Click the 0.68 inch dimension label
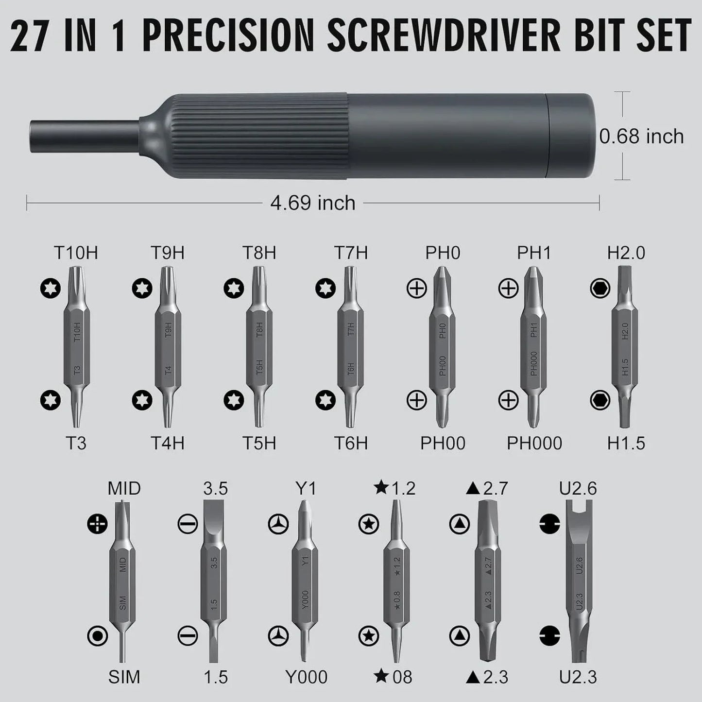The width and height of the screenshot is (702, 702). click(641, 137)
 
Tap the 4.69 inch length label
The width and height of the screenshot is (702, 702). click(312, 203)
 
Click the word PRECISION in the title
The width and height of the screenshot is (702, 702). click(228, 35)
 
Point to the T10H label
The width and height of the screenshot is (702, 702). click(76, 253)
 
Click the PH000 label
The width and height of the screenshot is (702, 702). click(534, 443)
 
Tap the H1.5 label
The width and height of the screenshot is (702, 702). click(626, 443)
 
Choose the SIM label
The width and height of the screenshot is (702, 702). click(124, 677)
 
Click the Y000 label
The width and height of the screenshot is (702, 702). click(306, 677)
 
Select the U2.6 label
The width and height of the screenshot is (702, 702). click(578, 488)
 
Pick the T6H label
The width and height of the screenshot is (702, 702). click(351, 443)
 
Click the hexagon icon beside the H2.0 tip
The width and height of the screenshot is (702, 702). click(600, 289)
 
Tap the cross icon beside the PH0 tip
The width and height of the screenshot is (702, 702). click(416, 289)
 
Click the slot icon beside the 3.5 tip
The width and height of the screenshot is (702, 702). click(188, 524)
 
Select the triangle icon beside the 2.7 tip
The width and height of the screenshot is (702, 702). click(460, 524)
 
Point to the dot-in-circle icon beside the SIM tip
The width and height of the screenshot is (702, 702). click(97, 636)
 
